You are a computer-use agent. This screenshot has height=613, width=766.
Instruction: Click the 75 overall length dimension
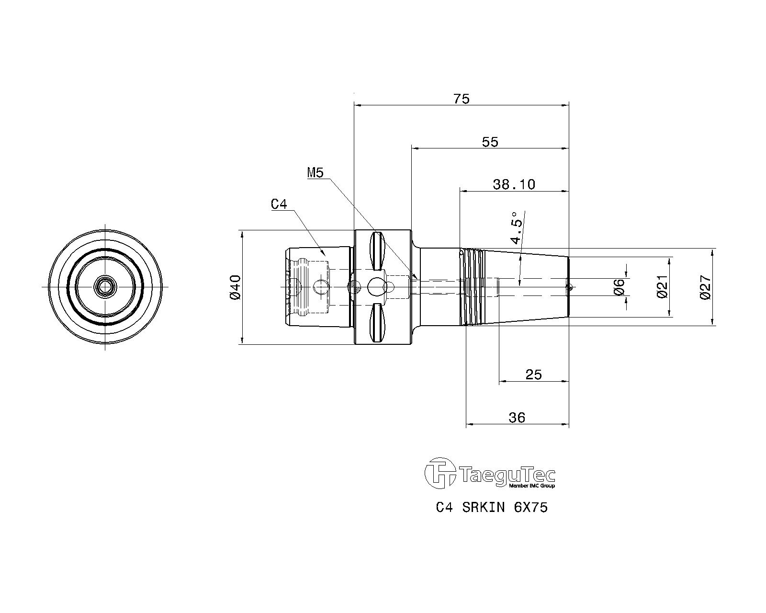click(x=462, y=99)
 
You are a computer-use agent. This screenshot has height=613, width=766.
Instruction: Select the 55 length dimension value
click(x=490, y=142)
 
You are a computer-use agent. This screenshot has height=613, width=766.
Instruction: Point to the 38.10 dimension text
click(x=514, y=184)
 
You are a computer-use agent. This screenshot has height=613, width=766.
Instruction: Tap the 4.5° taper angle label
click(x=517, y=227)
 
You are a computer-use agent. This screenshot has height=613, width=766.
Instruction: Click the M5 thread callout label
click(x=315, y=173)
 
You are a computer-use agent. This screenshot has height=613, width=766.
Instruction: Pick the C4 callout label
click(x=279, y=204)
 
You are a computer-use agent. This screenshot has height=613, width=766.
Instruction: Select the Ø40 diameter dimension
click(x=236, y=287)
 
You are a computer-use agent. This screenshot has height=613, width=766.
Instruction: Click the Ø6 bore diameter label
click(x=620, y=287)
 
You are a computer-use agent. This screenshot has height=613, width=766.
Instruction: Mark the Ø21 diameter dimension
click(x=662, y=287)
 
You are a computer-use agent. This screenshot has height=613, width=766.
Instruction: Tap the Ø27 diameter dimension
click(x=705, y=287)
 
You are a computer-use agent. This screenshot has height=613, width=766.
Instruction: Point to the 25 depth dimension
click(x=533, y=375)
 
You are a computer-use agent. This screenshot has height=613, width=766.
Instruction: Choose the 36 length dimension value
click(x=517, y=417)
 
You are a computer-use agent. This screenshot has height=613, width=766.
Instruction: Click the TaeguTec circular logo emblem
click(x=440, y=473)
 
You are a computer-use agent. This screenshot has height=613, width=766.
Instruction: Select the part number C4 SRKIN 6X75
click(x=492, y=507)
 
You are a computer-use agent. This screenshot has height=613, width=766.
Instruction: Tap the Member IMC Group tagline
click(x=532, y=486)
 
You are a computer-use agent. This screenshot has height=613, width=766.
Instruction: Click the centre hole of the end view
click(x=105, y=286)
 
